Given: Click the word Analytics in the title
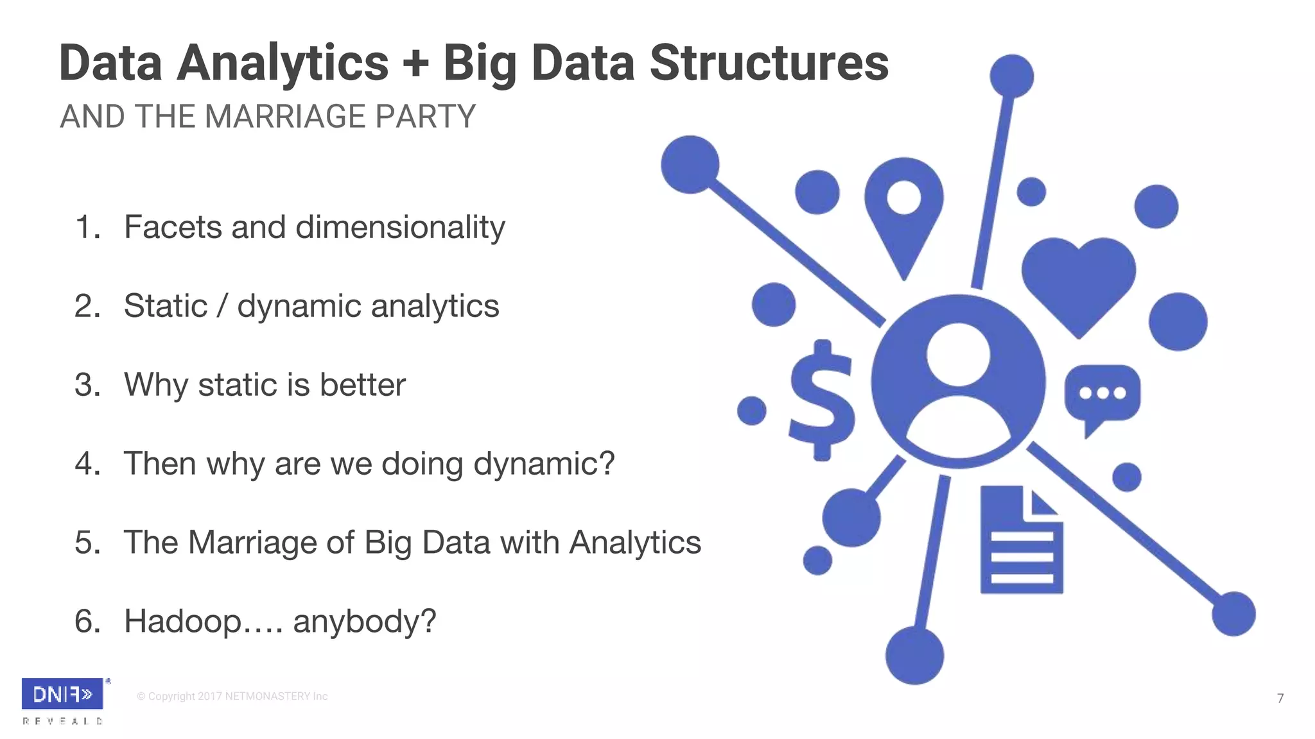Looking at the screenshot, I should (283, 64).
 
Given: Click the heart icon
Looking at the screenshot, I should (1078, 282).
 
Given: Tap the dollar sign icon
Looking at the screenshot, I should (822, 401).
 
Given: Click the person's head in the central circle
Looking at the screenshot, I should (957, 354).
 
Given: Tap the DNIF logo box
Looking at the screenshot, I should (62, 693).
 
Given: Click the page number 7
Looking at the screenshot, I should (1280, 698).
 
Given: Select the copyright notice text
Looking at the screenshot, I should (232, 697).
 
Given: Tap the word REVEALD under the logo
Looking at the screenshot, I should (62, 721).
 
